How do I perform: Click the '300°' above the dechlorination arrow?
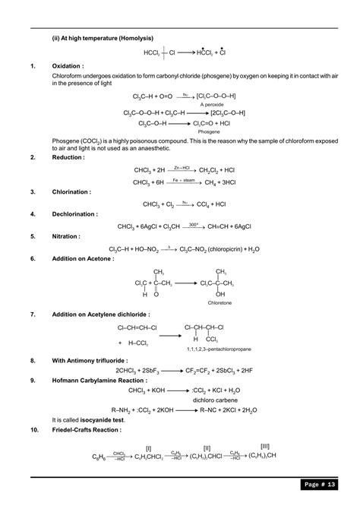coord(194,223)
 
